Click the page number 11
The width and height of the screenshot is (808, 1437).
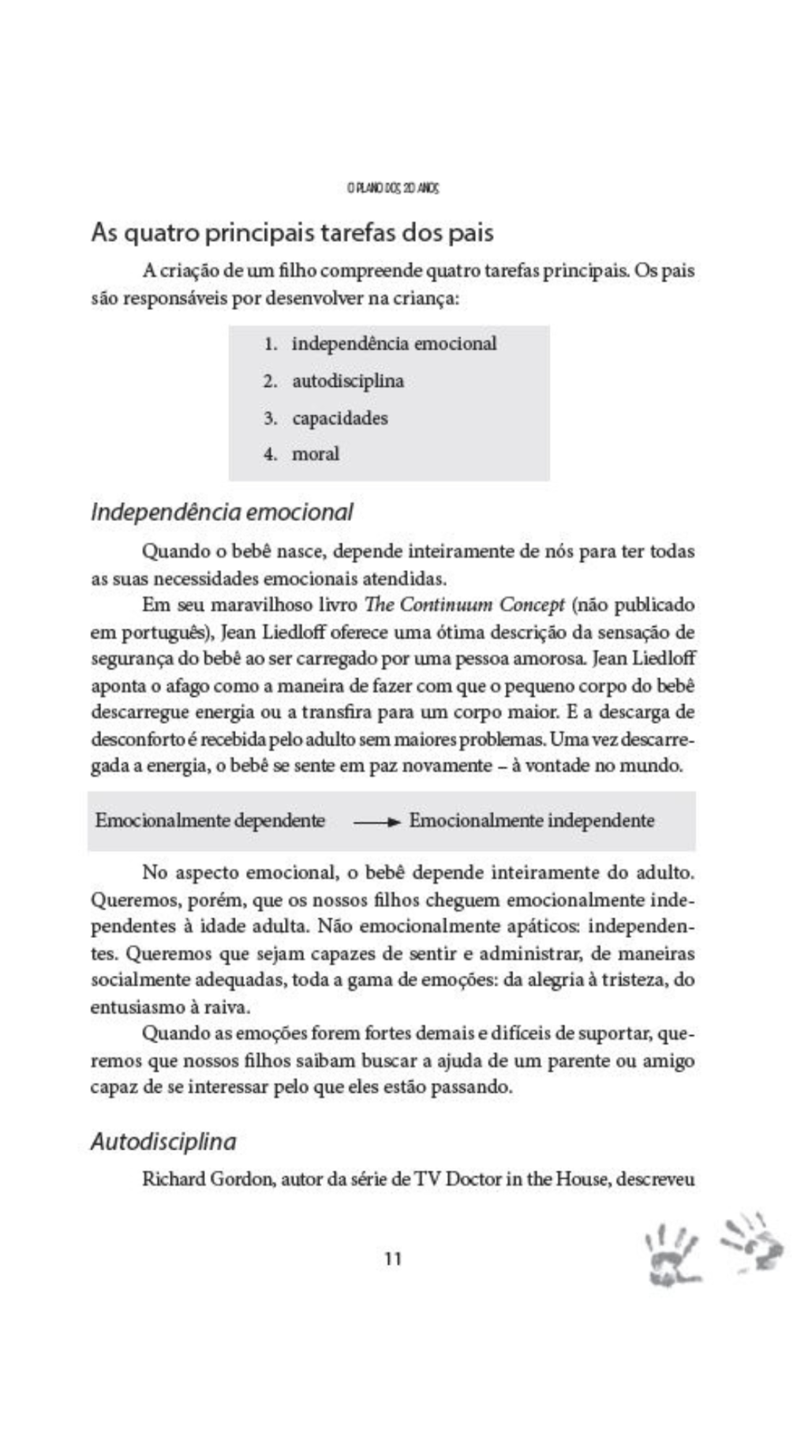tap(393, 1259)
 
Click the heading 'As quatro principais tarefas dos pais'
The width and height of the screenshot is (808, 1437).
tap(292, 233)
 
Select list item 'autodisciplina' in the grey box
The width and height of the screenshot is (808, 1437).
tap(348, 381)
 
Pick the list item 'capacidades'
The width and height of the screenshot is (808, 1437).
tap(340, 418)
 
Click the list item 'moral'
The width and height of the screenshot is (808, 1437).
tap(316, 454)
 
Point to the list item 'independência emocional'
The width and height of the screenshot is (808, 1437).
tap(394, 343)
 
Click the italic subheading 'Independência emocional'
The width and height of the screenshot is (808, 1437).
tap(222, 512)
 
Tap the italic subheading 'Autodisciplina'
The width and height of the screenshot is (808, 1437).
tap(163, 1142)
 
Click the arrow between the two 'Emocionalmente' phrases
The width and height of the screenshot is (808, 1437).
tap(377, 822)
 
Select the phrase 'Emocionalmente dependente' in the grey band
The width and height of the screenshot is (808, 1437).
tap(210, 820)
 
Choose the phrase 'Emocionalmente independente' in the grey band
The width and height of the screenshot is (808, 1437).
tap(531, 820)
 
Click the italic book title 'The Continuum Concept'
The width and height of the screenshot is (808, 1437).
tap(464, 605)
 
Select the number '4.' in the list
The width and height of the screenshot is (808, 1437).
tap(271, 454)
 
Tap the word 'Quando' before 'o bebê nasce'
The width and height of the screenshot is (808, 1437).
tap(170, 551)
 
